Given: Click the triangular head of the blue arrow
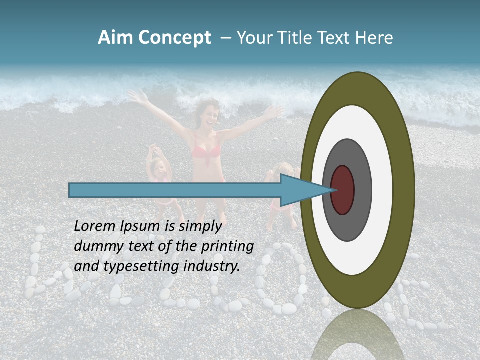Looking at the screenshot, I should tap(300, 190).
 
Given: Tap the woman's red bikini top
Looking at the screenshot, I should tap(205, 150).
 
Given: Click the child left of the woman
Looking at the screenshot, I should tap(160, 175).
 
